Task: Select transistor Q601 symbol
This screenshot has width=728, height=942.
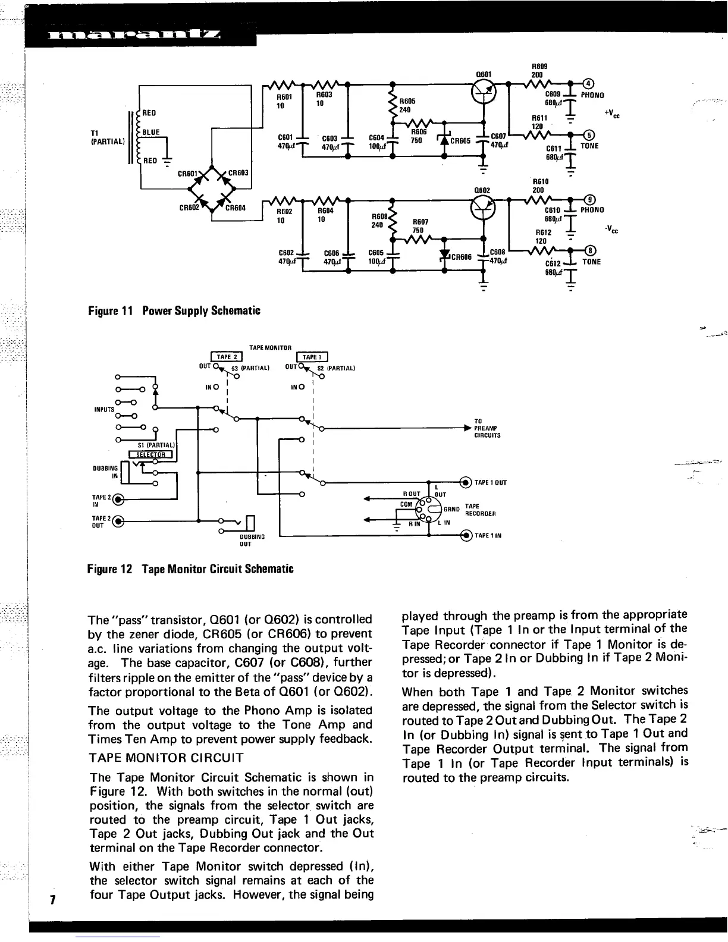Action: (483, 90)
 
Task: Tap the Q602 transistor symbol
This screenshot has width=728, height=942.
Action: (482, 206)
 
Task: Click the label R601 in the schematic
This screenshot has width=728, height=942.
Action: (285, 96)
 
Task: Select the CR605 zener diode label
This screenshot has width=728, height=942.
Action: (460, 141)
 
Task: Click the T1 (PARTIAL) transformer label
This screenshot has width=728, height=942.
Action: (107, 137)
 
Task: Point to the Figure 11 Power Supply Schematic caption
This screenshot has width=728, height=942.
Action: (174, 310)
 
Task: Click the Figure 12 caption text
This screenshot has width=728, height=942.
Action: (190, 569)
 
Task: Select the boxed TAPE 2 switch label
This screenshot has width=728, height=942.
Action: (227, 357)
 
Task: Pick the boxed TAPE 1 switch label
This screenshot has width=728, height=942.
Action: (312, 357)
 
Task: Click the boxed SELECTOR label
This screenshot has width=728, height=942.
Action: (146, 456)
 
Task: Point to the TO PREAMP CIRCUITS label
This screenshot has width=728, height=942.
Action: (487, 428)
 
